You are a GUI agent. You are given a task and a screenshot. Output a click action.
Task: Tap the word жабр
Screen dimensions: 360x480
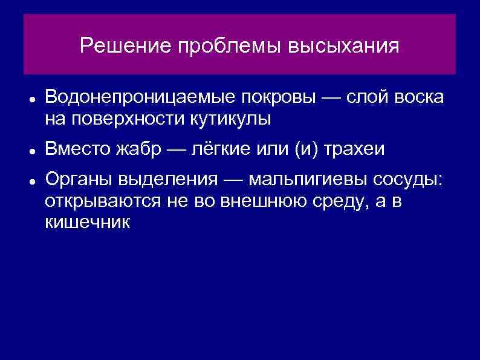tap(139, 149)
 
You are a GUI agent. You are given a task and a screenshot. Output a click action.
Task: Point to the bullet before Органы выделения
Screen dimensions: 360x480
tap(29, 182)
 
